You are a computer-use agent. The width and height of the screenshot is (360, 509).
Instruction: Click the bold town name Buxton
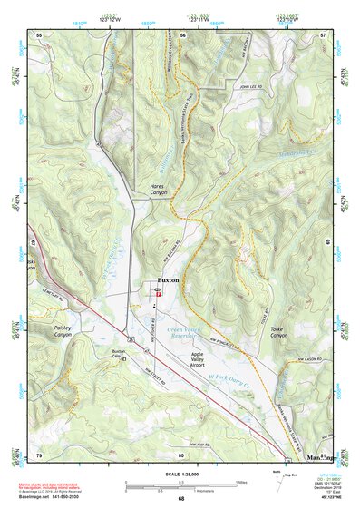tap(168, 281)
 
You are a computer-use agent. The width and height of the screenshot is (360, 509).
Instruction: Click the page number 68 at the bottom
tap(181, 500)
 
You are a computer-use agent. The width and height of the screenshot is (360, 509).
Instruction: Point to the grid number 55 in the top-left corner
tap(39, 34)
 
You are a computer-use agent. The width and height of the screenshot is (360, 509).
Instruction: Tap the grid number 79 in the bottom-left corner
tap(39, 454)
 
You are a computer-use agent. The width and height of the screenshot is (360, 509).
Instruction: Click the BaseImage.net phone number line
tap(54, 496)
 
